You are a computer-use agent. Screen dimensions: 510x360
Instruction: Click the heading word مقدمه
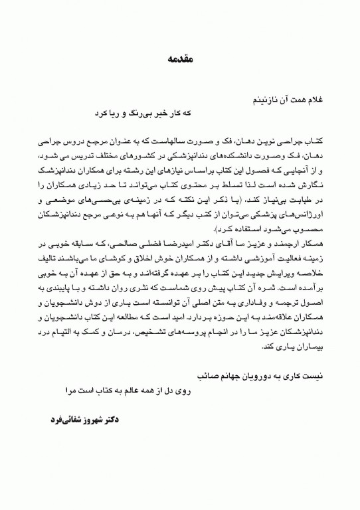click(179, 60)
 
